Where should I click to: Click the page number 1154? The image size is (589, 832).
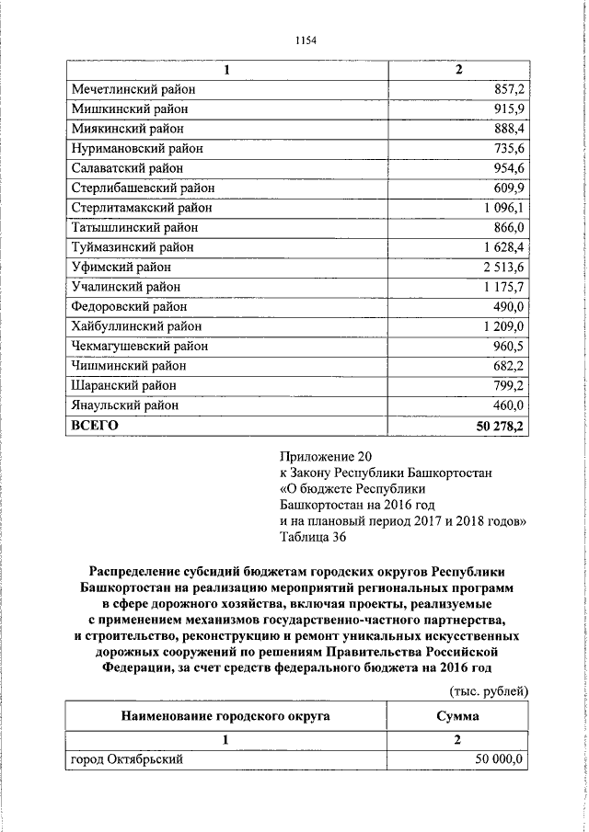[x=306, y=40]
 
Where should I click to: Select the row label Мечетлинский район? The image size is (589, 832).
[x=133, y=89]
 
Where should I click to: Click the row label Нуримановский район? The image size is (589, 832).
[x=136, y=148]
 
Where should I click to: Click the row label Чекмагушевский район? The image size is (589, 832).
[x=139, y=347]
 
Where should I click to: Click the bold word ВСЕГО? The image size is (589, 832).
[x=95, y=425]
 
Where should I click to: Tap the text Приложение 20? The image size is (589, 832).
[x=329, y=456]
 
